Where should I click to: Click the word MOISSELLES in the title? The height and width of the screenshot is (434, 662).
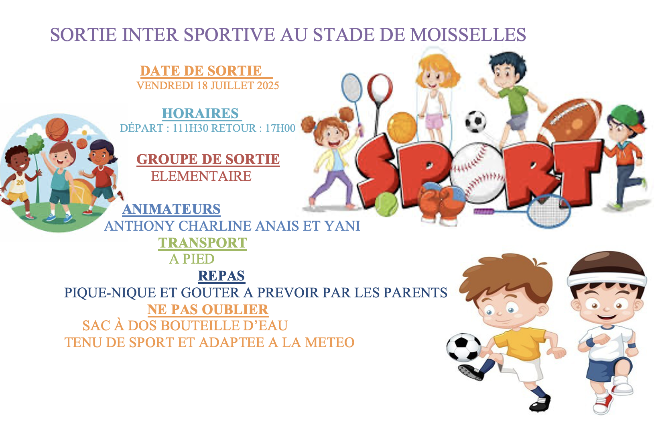pyautogui.click(x=468, y=34)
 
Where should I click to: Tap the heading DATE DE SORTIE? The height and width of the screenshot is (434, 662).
pyautogui.click(x=201, y=71)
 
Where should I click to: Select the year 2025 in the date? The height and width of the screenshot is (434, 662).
pyautogui.click(x=268, y=86)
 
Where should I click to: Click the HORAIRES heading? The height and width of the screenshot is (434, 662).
pyautogui.click(x=200, y=113)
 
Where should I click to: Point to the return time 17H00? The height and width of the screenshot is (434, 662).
pyautogui.click(x=280, y=128)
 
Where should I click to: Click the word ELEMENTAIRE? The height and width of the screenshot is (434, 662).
pyautogui.click(x=201, y=176)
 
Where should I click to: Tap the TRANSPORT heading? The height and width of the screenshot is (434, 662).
pyautogui.click(x=203, y=243)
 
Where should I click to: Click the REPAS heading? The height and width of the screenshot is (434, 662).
pyautogui.click(x=221, y=276)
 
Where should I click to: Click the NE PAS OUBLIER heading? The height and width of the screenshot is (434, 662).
pyautogui.click(x=208, y=310)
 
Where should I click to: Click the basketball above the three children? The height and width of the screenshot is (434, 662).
pyautogui.click(x=57, y=130)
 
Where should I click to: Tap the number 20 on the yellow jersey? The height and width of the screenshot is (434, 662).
pyautogui.click(x=20, y=183)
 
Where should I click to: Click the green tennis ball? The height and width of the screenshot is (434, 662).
pyautogui.click(x=386, y=204)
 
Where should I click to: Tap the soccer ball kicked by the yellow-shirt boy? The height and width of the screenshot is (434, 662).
pyautogui.click(x=464, y=348)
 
